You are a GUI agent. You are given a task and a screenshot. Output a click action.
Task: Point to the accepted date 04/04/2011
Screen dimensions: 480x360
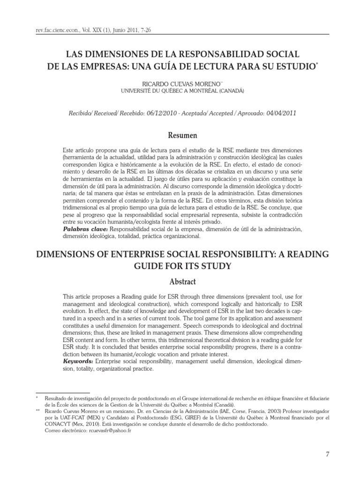(279, 113)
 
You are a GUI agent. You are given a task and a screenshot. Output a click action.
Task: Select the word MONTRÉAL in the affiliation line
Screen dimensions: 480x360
(200, 91)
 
